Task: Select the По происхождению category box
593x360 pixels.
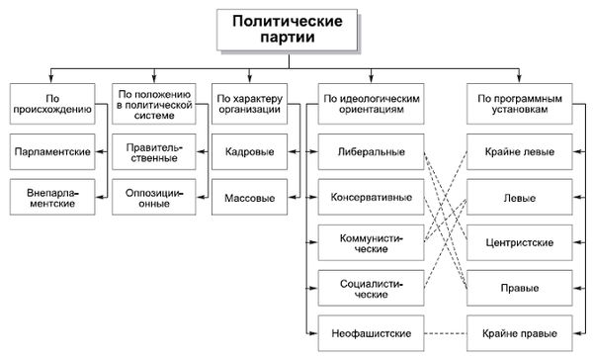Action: [54, 106]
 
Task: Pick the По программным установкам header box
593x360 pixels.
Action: [520, 106]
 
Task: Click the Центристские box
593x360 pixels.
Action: [520, 241]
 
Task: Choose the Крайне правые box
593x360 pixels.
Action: [520, 330]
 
